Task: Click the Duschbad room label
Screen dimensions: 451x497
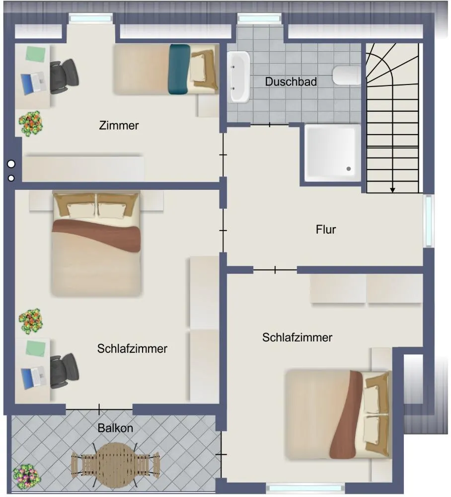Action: pos(291,82)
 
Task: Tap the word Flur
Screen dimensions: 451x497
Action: pos(325,230)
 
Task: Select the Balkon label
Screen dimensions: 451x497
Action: pos(115,428)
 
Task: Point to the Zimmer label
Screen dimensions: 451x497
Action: pos(119,126)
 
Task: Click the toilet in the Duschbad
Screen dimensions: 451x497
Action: pos(347,75)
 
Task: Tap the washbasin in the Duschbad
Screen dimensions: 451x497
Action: pos(238,77)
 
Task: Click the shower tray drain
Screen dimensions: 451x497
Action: pos(349,168)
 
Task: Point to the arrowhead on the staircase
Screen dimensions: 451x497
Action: pos(392,190)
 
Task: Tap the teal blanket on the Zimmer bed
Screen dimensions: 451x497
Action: pos(180,70)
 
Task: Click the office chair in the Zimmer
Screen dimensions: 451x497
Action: pos(64,76)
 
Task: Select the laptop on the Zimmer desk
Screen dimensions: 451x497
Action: pos(34,83)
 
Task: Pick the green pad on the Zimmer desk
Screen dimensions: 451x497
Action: pos(35,54)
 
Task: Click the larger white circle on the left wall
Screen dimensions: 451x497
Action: pos(11,164)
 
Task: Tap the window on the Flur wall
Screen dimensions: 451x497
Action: pos(429,221)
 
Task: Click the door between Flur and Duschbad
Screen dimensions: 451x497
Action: pos(270,125)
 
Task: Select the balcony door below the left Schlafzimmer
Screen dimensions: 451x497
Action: pos(99,410)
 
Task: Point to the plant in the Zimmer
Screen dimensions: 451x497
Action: pos(30,123)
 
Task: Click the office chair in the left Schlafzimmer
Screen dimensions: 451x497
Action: pos(64,371)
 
